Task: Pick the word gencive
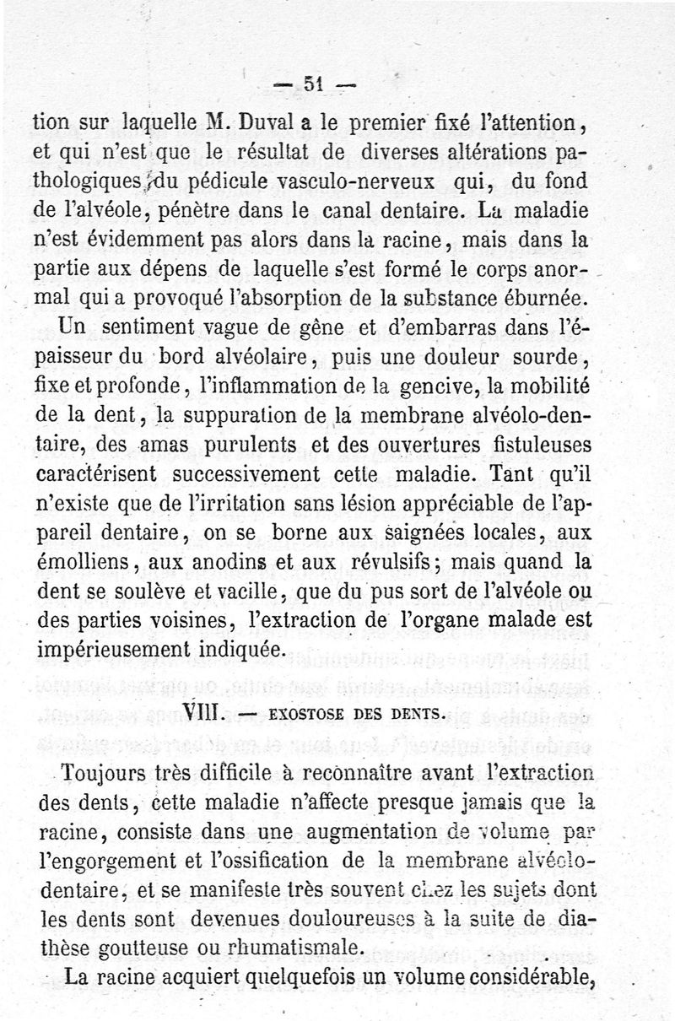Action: tap(431, 387)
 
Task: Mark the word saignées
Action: tap(430, 533)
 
